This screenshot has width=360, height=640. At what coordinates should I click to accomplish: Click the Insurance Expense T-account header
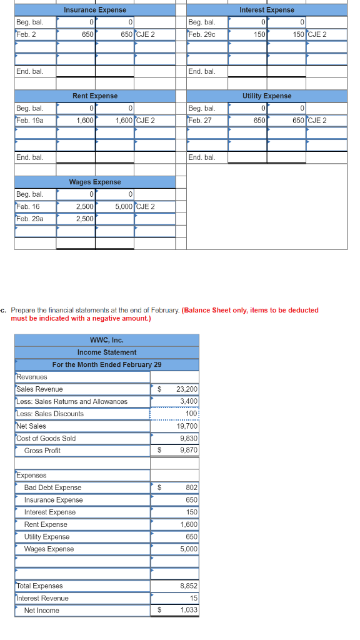coord(95,10)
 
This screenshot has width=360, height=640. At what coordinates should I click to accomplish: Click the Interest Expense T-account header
coord(267,10)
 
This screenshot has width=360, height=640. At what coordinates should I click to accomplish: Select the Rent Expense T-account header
coord(95,96)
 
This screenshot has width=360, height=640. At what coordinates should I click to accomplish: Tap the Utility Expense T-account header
coord(267,96)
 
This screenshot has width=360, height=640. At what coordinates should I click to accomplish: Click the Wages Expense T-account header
coord(95,182)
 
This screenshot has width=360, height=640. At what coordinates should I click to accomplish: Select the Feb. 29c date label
coord(202,34)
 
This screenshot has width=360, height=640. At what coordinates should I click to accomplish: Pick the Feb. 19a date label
coord(29,120)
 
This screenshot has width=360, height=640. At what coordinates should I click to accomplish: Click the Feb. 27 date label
coord(199,120)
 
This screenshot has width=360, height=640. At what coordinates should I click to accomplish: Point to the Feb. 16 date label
coord(27,206)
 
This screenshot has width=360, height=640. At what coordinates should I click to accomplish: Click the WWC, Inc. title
coord(107,340)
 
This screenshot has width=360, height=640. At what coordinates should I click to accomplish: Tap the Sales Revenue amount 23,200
coord(187,389)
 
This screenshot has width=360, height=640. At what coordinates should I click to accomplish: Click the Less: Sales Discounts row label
coord(50,414)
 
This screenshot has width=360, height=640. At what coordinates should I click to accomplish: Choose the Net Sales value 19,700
coord(187,426)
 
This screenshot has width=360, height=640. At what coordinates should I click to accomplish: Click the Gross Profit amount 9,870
coord(189,451)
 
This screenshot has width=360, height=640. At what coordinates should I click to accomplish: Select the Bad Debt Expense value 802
coord(191,487)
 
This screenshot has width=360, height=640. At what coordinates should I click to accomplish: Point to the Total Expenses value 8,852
coord(189,586)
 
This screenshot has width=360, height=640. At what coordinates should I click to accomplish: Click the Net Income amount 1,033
coord(189,611)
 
